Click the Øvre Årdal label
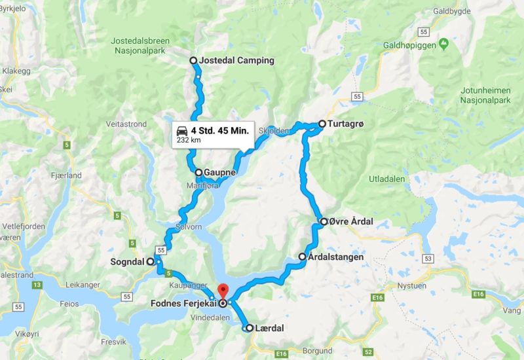click(x=352, y=221)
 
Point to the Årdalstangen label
click(x=336, y=257)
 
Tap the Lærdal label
click(x=270, y=328)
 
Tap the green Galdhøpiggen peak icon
click(x=443, y=43)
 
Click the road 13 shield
click(x=37, y=285)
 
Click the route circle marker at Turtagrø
click(x=322, y=123)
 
